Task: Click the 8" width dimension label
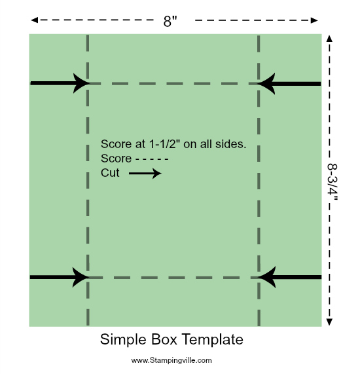170,21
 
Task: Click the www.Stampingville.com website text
171,360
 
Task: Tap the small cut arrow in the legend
145,174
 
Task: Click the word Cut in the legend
110,173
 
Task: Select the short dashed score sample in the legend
152,159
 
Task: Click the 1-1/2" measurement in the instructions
165,144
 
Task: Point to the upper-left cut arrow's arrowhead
81,83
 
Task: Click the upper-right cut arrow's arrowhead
266,84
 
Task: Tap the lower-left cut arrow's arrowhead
81,277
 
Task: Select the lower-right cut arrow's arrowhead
267,277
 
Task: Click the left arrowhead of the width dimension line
34,20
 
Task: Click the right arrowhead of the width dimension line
314,20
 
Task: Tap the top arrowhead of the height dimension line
329,39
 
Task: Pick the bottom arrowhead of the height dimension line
329,322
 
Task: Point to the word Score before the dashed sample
116,159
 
